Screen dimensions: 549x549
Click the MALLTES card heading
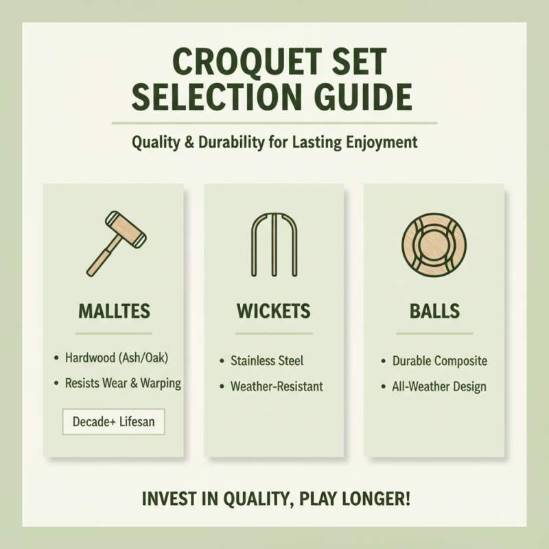(x=114, y=311)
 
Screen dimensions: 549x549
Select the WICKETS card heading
(x=274, y=311)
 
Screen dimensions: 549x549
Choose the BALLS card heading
(x=435, y=311)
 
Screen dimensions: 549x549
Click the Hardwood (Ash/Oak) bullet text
(x=116, y=358)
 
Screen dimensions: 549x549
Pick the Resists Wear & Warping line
(x=122, y=383)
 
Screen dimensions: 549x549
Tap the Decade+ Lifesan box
(x=114, y=421)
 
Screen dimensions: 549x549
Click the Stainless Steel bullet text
(x=267, y=360)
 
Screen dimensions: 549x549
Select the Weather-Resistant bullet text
(x=277, y=386)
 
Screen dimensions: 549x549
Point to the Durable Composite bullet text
(x=439, y=360)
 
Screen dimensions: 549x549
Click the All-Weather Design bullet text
(x=439, y=386)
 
